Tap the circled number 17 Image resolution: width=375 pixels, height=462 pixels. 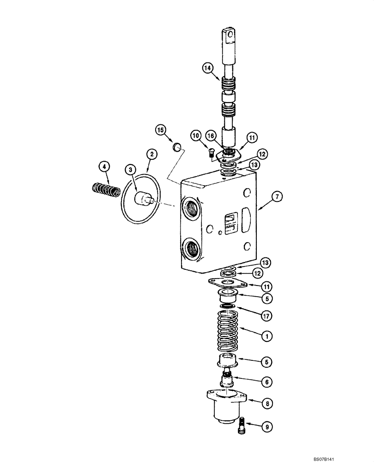coord(266,316)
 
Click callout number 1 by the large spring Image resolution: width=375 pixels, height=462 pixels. coord(266,336)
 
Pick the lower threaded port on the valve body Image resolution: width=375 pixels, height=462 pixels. coord(191,249)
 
